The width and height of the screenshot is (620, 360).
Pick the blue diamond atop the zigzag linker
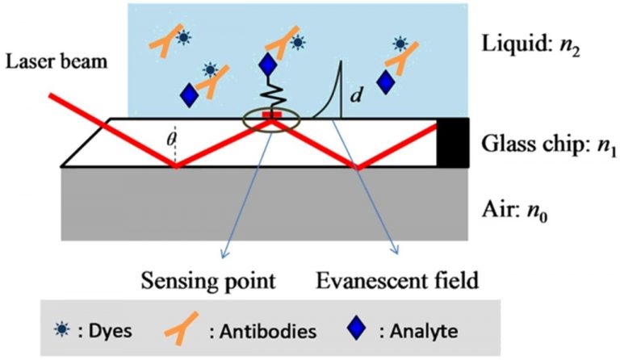pos(269,66)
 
